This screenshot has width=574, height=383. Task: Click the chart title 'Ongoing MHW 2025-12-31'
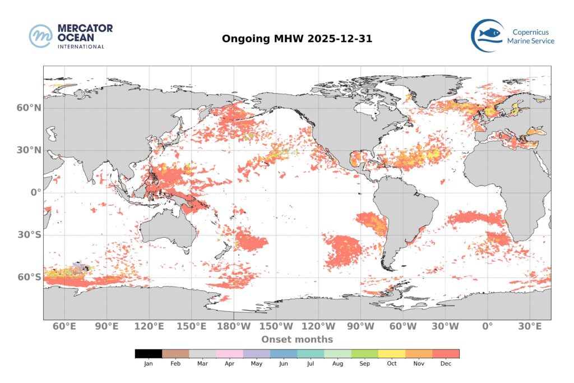pyautogui.click(x=297, y=39)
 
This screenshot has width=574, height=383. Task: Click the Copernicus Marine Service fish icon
pyautogui.click(x=486, y=35)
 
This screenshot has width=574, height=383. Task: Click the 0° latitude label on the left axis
pyautogui.click(x=35, y=192)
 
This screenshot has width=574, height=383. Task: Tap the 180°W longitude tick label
pyautogui.click(x=234, y=326)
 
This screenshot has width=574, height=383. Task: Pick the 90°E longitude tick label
pyautogui.click(x=107, y=326)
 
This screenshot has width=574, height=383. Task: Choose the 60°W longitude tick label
pyautogui.click(x=403, y=326)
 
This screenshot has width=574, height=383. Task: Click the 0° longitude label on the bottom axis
pyautogui.click(x=487, y=326)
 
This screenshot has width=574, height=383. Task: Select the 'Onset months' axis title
pyautogui.click(x=297, y=339)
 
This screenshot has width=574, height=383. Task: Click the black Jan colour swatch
pyautogui.click(x=149, y=354)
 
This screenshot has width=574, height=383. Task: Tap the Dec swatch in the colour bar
pyautogui.click(x=446, y=354)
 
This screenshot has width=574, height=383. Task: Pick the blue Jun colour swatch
pyautogui.click(x=284, y=354)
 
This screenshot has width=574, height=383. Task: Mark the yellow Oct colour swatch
pyautogui.click(x=392, y=354)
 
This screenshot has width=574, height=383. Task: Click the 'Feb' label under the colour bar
pyautogui.click(x=175, y=364)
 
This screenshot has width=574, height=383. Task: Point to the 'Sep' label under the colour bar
pyautogui.click(x=364, y=364)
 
